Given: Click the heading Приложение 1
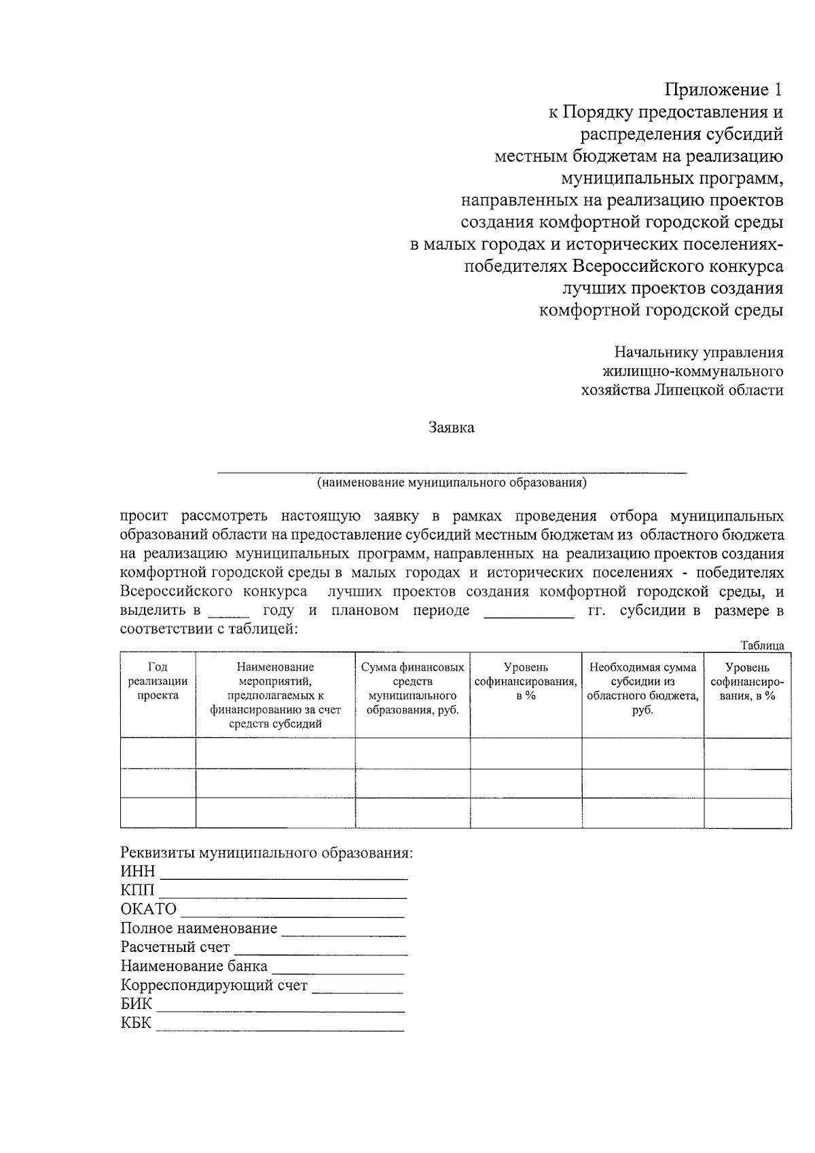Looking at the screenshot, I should click(x=723, y=90).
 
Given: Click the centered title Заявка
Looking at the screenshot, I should click(x=451, y=427).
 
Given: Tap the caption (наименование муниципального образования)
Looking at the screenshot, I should click(x=451, y=482).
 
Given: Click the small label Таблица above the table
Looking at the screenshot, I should click(x=762, y=645).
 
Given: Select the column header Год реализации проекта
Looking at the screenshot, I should click(x=158, y=681).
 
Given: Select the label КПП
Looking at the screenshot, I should click(x=138, y=890).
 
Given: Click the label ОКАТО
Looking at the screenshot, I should click(x=149, y=909).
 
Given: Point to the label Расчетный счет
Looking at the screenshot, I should click(x=175, y=947).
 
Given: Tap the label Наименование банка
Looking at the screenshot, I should click(x=194, y=966).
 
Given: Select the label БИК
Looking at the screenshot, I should click(x=137, y=1004).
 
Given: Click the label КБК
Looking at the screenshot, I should click(x=136, y=1023).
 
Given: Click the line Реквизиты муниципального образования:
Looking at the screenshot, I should click(x=266, y=853).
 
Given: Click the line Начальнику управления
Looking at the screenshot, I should click(x=699, y=352).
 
